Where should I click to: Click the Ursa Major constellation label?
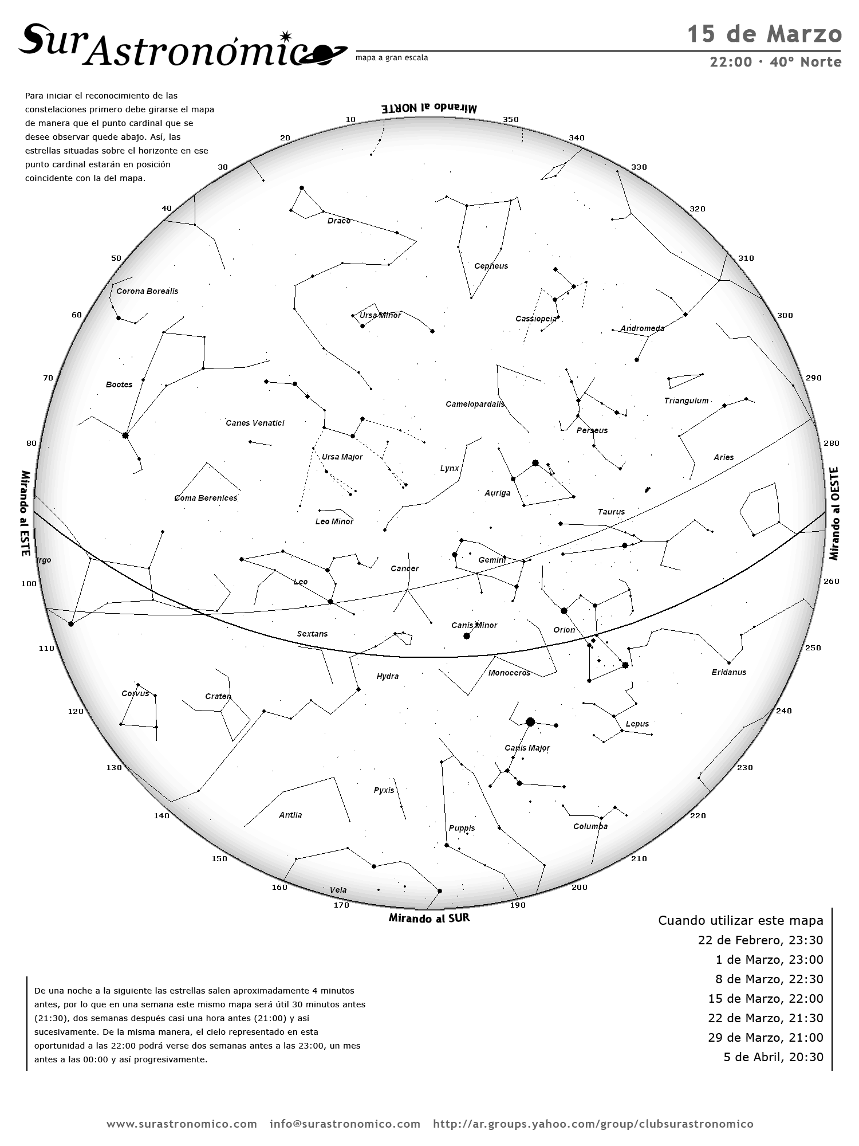(342, 457)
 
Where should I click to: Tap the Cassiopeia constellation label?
(535, 319)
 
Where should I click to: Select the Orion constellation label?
(564, 630)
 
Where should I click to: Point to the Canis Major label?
(527, 748)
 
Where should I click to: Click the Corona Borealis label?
(147, 291)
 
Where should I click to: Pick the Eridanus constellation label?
(729, 672)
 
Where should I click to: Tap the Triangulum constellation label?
(686, 401)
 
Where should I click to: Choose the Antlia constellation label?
(290, 815)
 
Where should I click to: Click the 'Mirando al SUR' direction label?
(429, 918)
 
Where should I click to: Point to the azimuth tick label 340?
(577, 138)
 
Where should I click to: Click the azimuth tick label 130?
(114, 767)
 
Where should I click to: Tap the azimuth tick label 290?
(813, 378)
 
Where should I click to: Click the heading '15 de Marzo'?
(764, 34)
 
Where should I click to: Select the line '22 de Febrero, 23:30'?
(760, 940)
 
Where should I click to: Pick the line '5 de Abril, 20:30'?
(773, 1057)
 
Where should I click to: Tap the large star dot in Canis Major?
(530, 722)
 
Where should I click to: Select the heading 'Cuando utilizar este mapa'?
(740, 921)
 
